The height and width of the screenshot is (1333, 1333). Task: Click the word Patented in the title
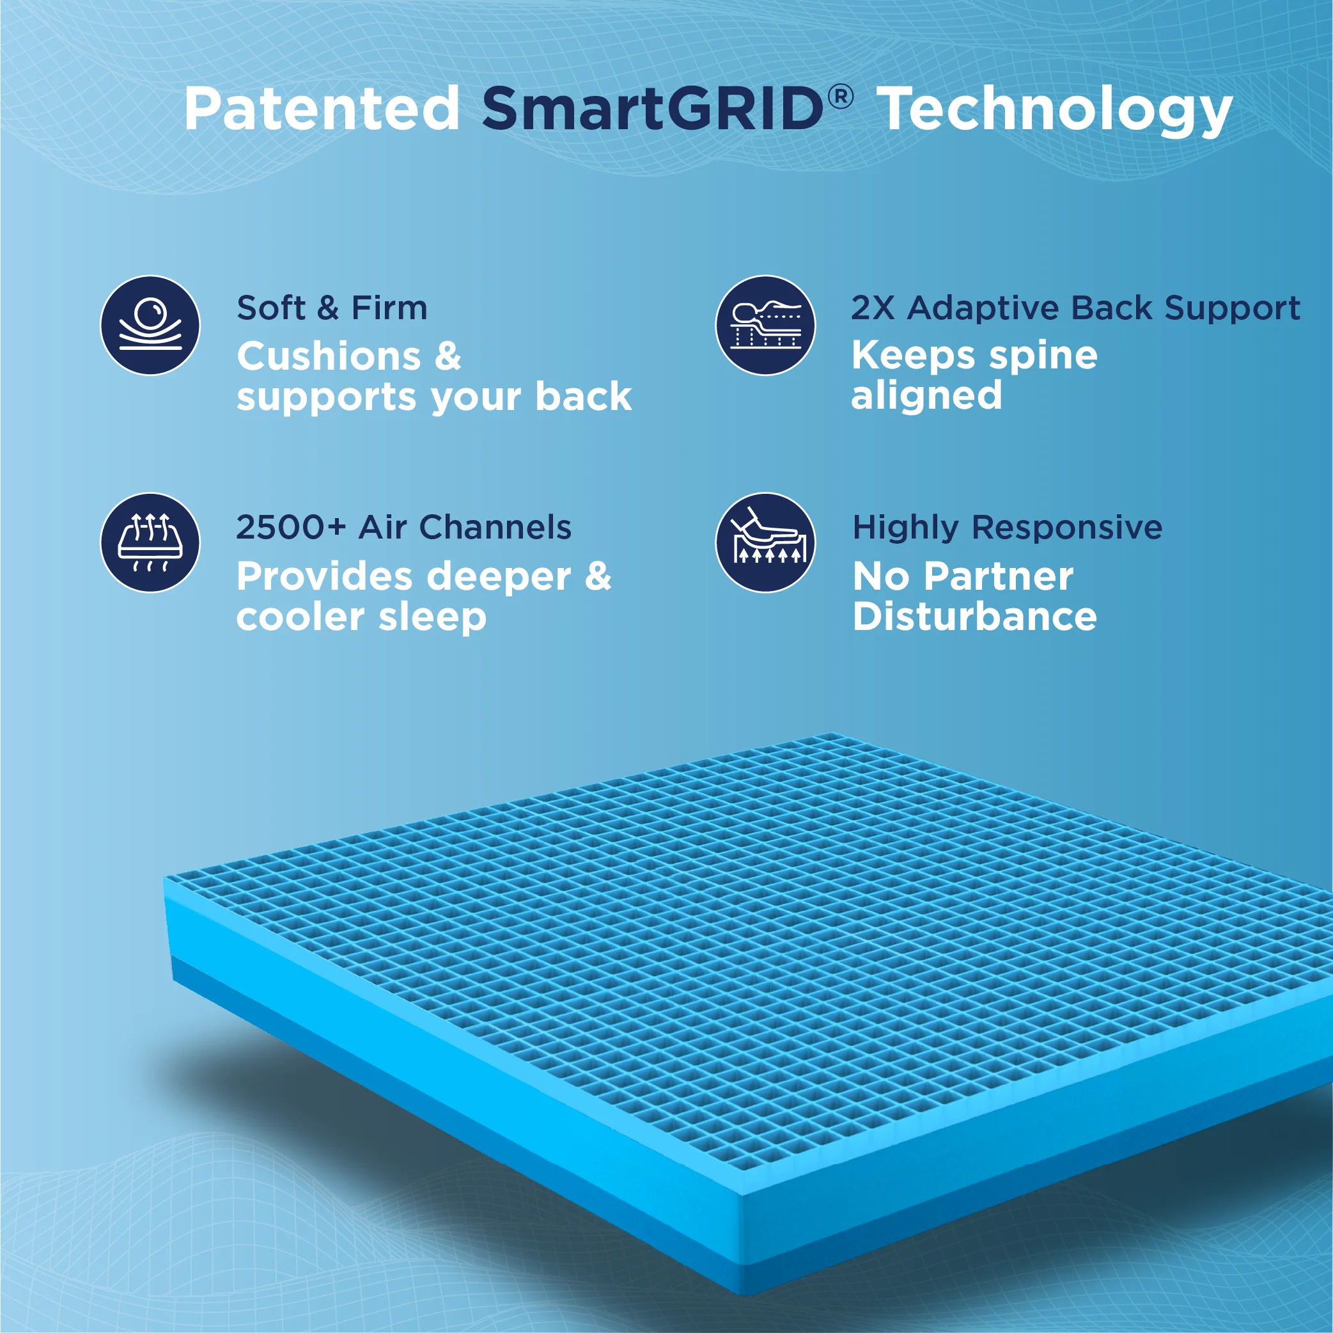[322, 109]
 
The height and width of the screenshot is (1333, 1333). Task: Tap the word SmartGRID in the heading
[653, 109]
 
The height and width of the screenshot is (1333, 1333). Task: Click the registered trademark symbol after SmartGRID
[840, 97]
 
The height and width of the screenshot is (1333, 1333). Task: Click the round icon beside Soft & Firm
[150, 325]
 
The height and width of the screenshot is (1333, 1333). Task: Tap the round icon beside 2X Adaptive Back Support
[765, 325]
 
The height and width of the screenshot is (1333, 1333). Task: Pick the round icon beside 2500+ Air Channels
[150, 542]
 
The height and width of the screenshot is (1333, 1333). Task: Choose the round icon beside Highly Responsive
[765, 542]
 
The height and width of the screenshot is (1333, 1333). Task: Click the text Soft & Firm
[332, 308]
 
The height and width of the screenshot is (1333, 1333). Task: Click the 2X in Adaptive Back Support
[873, 308]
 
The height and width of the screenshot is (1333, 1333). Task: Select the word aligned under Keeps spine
[926, 395]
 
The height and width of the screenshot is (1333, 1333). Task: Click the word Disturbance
[974, 617]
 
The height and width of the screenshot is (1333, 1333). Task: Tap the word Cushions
[329, 357]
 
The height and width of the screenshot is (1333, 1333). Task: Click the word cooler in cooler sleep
[299, 617]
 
